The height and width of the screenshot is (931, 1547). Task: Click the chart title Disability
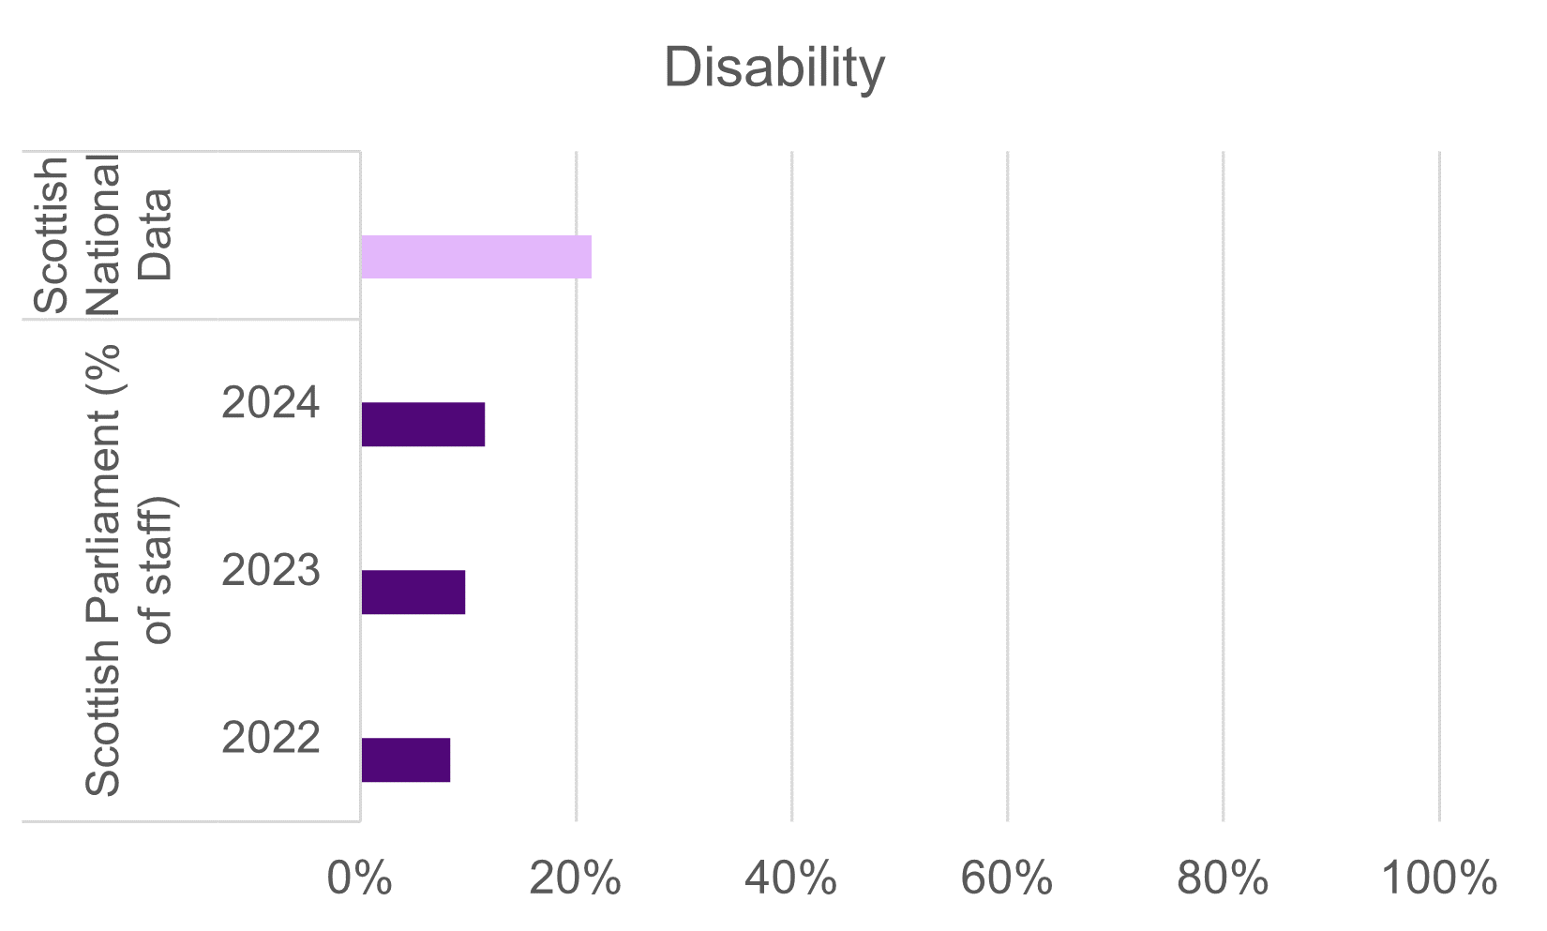[x=773, y=68]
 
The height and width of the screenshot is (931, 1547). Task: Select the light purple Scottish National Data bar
[x=476, y=257]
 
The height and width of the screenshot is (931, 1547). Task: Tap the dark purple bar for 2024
[x=423, y=424]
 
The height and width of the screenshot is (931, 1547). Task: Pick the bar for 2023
[x=413, y=592]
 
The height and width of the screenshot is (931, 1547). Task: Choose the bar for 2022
[x=406, y=759]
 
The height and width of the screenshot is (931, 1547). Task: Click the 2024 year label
[x=271, y=403]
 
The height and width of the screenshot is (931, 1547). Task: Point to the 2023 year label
[x=271, y=571]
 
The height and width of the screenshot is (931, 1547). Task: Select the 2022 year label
[x=271, y=739]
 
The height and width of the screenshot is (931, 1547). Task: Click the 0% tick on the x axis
[x=359, y=879]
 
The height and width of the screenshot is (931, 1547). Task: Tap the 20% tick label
[x=575, y=879]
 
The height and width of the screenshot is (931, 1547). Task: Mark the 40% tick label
[x=790, y=879]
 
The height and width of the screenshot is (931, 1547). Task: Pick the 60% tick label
[x=1007, y=879]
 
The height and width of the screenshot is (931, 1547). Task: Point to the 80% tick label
[x=1223, y=879]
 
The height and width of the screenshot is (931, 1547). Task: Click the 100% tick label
[x=1438, y=879]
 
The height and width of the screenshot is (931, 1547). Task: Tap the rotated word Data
[x=155, y=234]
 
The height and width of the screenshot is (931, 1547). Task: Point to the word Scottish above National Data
[x=52, y=234]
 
